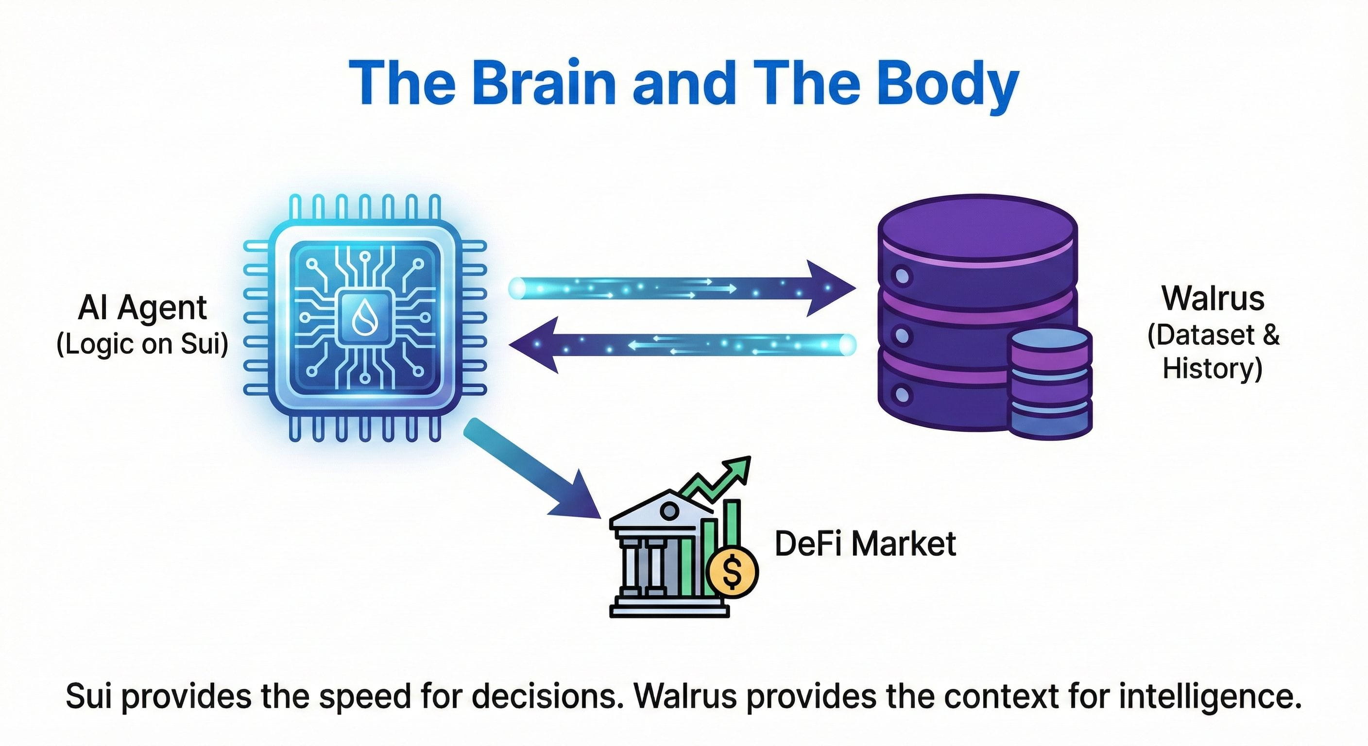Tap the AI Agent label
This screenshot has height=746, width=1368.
pos(142,307)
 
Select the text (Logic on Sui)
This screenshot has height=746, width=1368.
pos(142,344)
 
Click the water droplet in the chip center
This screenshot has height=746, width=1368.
pos(365,317)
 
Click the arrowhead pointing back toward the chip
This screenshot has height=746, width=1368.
pos(534,345)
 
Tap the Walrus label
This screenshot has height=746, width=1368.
pos(1213,298)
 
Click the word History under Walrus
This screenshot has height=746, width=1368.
pos(1212,368)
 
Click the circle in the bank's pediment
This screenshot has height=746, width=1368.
pos(668,511)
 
